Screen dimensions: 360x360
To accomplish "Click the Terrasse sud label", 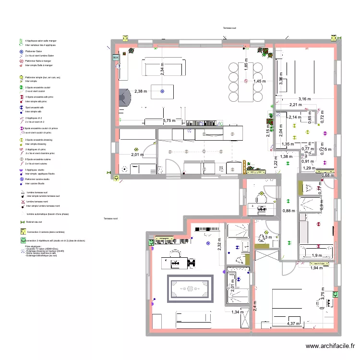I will pos(230,28).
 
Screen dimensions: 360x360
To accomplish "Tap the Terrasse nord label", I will pos(110,219).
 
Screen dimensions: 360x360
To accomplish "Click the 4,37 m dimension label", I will pos(294,324).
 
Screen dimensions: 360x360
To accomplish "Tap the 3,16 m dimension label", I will pos(305,98).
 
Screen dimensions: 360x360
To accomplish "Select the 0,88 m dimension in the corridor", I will pos(289,211).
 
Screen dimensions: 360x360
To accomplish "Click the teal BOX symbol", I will pos(115,58).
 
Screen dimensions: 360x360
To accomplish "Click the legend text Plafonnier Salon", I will pos(33,51).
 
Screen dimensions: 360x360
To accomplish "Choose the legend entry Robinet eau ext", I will pos(34,222).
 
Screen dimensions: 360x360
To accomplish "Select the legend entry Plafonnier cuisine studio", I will pos(38,179).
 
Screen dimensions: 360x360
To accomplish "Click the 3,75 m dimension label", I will pos(323,297).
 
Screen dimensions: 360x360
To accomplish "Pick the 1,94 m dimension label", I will pos(317,267).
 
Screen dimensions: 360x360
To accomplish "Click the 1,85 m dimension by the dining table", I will pos(245,67).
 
